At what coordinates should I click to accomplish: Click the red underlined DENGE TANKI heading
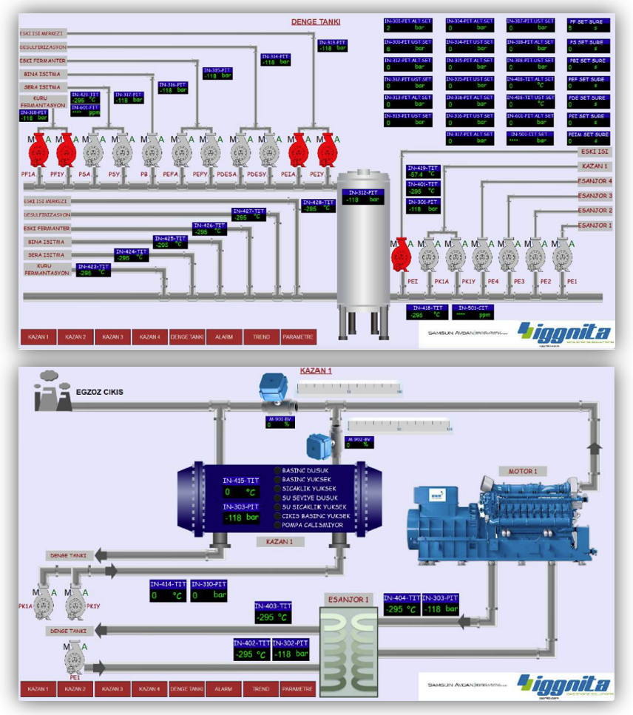(x=315, y=22)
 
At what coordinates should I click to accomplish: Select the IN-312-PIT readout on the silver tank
(x=362, y=196)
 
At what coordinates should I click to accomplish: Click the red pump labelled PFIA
(x=37, y=152)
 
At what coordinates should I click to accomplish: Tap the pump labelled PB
(x=152, y=152)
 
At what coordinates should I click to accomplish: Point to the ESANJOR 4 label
(x=595, y=181)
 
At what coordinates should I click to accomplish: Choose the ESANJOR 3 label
(x=595, y=196)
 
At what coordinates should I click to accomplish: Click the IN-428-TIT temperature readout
(x=318, y=206)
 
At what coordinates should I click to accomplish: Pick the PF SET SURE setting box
(x=588, y=27)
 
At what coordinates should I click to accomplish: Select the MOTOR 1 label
(x=523, y=470)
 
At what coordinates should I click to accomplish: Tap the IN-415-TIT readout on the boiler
(x=241, y=487)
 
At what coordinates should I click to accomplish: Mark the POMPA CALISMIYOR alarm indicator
(x=277, y=525)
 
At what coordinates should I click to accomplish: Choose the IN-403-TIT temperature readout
(x=272, y=613)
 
